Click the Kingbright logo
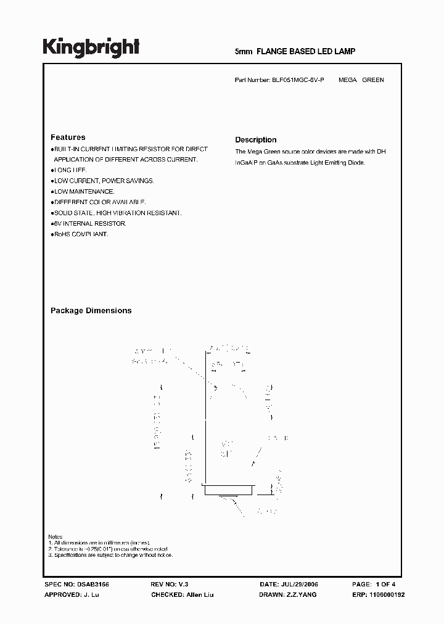point(91,47)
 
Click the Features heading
point(68,138)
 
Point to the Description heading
point(255,140)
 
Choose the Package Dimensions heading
point(91,311)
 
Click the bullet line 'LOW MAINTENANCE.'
point(83,191)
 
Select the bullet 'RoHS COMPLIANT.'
point(80,234)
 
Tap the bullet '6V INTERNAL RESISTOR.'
point(89,223)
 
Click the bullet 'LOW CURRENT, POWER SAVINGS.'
point(103,181)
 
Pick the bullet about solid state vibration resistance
point(117,213)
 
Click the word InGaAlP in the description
point(246,163)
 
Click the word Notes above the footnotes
point(55,536)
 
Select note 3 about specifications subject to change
point(111,555)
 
